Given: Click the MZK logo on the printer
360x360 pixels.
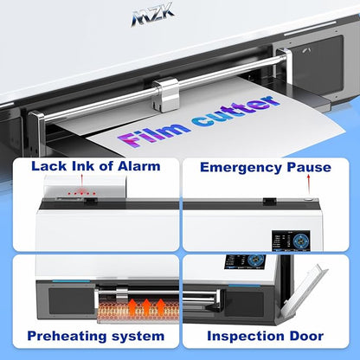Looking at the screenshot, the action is tap(153, 15).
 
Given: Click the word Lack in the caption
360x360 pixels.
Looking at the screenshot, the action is tap(48, 166).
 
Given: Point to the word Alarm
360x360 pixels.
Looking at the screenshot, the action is tap(138, 166).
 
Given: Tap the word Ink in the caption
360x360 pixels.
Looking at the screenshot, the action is tap(82, 166).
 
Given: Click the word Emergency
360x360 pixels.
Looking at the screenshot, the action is tap(241, 168).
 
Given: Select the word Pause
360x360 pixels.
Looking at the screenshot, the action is tap(309, 167).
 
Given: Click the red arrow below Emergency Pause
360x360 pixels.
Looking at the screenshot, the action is tap(309, 185).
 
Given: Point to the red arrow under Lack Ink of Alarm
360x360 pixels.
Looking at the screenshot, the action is tap(82, 180).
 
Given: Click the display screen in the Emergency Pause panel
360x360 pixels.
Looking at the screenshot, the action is tap(291, 240).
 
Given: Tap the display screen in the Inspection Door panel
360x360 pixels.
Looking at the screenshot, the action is tap(245, 262).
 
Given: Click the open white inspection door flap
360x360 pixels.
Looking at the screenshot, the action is tap(304, 291).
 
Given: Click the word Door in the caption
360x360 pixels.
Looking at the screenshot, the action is tap(306, 336).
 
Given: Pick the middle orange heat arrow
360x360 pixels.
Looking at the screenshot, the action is tap(146, 306).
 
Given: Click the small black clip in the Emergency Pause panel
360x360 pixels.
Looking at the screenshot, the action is tap(270, 201).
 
